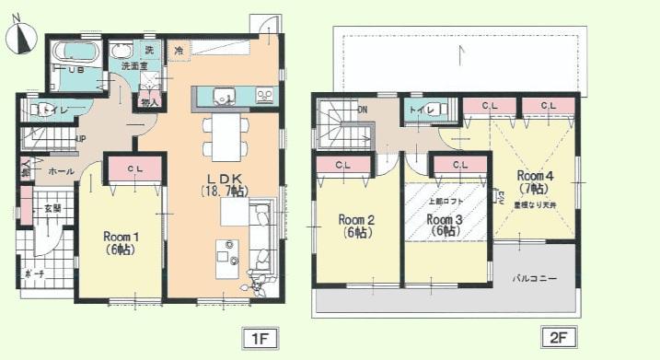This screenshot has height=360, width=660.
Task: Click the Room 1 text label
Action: click(x=121, y=242)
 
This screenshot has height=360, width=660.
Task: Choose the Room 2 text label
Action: click(x=355, y=226)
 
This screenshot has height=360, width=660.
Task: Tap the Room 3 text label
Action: click(x=445, y=225)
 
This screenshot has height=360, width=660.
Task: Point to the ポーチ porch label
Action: click(x=32, y=273)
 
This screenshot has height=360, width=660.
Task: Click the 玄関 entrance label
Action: click(x=52, y=209)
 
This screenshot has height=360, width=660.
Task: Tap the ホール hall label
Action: click(x=61, y=171)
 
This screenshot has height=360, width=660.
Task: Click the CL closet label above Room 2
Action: click(x=342, y=165)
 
